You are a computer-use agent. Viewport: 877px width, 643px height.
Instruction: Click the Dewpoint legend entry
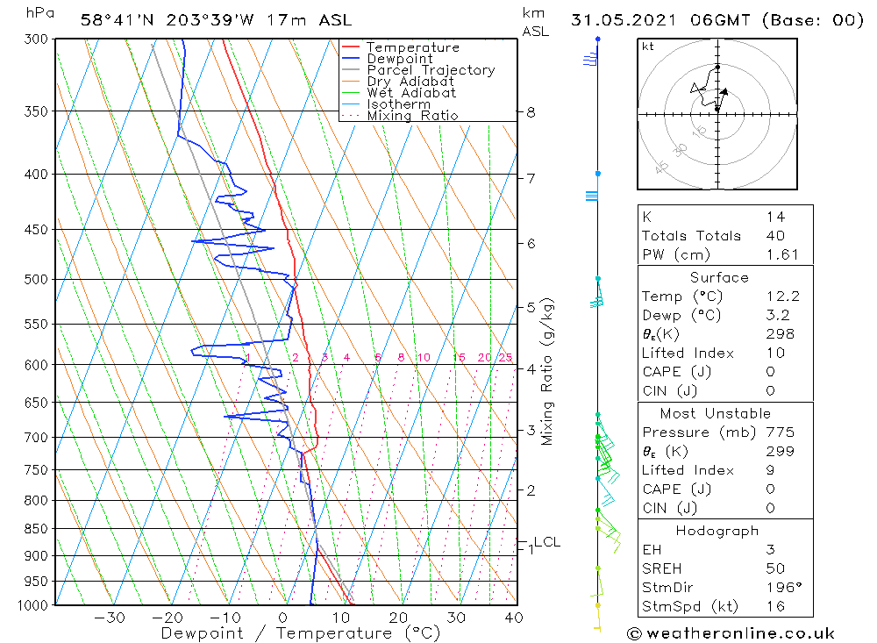[399, 59]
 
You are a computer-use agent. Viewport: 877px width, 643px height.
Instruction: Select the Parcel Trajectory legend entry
[430, 70]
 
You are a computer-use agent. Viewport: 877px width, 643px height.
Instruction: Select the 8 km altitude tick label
[531, 112]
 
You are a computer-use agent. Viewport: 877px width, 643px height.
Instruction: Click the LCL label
[546, 542]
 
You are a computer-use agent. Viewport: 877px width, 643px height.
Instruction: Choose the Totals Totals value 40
[775, 235]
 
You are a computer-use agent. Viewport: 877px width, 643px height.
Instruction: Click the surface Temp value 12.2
[782, 296]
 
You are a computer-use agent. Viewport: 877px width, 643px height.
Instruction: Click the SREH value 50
[775, 568]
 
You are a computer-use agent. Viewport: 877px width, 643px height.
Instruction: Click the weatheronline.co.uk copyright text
[731, 632]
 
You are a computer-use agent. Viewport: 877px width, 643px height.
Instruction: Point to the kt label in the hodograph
[647, 46]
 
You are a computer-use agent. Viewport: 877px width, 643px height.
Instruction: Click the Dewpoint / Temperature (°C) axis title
[300, 632]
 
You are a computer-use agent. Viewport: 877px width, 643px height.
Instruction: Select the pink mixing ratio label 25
[505, 357]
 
